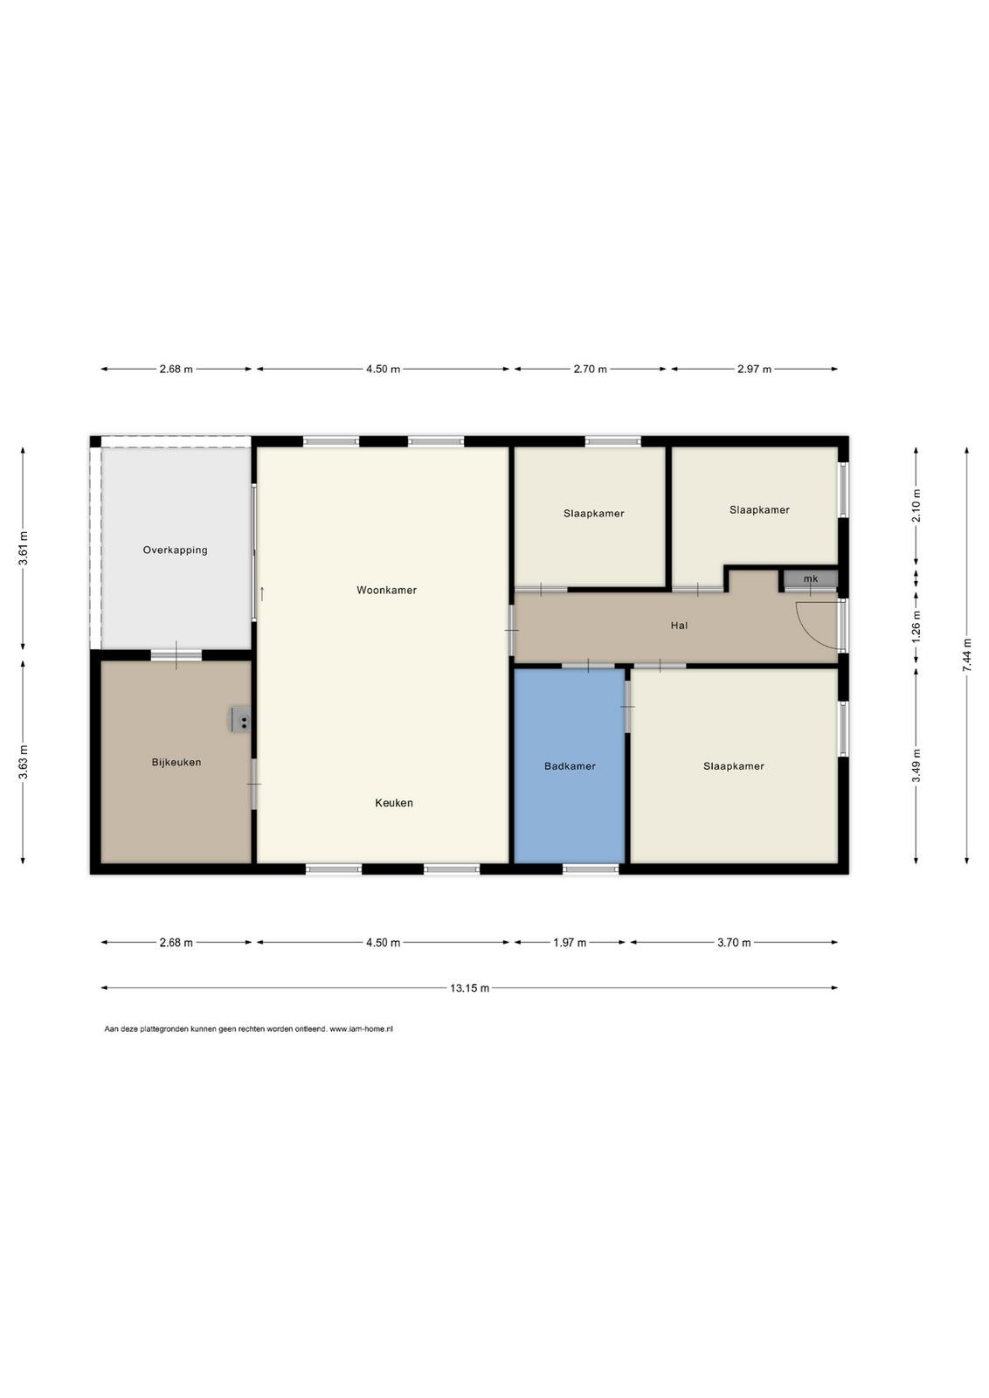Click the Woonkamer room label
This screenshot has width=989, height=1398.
coord(386,590)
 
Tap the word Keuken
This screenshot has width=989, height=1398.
coord(394,803)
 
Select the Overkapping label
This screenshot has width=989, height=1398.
coord(175,550)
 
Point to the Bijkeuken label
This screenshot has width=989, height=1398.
coord(176,762)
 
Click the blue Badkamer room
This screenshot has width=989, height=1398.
coord(569,765)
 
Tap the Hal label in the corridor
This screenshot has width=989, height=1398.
coord(679,626)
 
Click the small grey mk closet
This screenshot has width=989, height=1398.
coord(811,578)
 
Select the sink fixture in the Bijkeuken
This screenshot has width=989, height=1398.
coord(241,720)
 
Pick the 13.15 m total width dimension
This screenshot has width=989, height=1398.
coord(469,988)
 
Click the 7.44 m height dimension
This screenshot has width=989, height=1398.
coord(966,655)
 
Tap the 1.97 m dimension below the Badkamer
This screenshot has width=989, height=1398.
coord(569,943)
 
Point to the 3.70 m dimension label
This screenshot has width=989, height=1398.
coord(734,943)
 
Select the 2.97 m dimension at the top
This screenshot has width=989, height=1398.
coord(754,369)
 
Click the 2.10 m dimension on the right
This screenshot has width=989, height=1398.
coord(916,506)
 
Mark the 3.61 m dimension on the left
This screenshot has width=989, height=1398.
coord(23,549)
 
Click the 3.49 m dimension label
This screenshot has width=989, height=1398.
coord(916,765)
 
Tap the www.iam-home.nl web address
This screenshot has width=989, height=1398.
coord(361,1029)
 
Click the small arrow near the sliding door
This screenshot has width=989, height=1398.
coord(262,593)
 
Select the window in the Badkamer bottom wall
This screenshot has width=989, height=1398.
coord(591,869)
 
